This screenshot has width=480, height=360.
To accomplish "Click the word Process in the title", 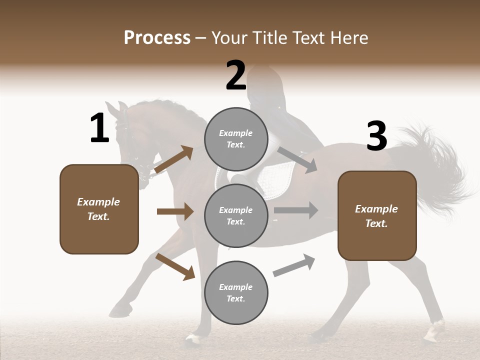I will point(157,37).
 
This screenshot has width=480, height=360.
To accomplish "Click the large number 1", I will point(99,128).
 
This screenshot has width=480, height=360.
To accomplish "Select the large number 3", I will point(376,136).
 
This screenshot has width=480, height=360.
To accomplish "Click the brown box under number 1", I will point(99,209).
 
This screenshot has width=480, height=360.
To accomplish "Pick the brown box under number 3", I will point(377,215).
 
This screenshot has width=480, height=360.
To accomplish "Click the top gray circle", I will point(236,139).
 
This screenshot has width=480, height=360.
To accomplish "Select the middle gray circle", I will point(236,215).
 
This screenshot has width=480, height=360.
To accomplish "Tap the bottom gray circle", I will point(236,292).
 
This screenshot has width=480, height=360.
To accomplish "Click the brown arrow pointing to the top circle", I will point(174,159).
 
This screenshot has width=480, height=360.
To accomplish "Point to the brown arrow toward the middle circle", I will point(175,211).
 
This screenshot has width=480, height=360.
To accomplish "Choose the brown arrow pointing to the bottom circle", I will point(175,266).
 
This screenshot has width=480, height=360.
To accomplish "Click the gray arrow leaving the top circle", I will point(297,160).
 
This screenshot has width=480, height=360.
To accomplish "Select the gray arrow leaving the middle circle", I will point(296,210).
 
